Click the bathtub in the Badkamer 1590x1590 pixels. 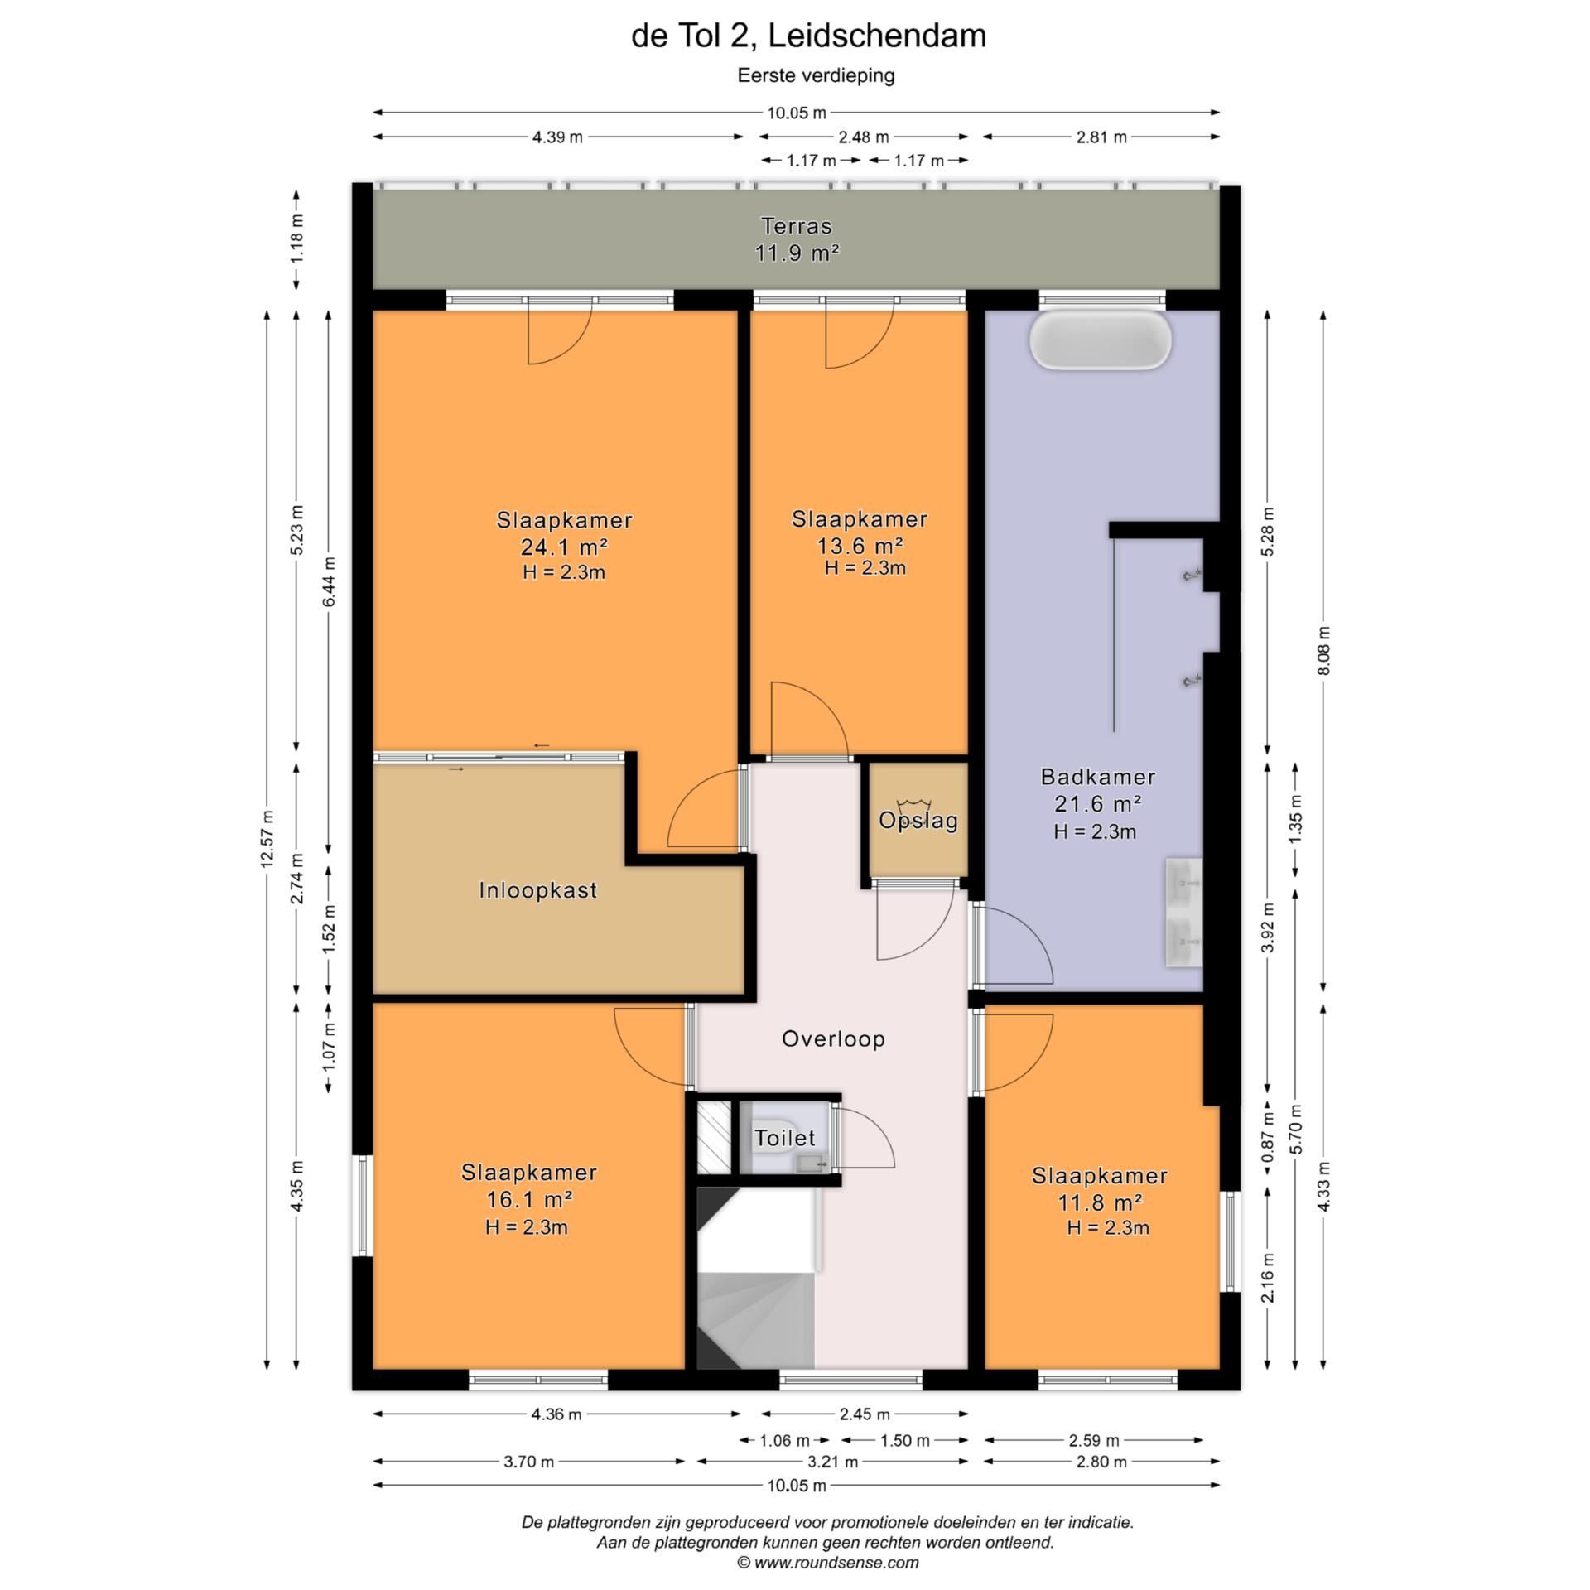tap(1101, 340)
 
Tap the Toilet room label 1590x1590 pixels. tap(784, 1138)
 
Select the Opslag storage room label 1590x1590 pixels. tap(918, 821)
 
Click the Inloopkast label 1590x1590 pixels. tap(538, 890)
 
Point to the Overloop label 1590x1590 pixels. tap(833, 1038)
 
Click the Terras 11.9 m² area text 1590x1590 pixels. tap(797, 253)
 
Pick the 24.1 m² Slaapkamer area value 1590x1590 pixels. tap(564, 547)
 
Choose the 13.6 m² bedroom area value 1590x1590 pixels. tap(859, 545)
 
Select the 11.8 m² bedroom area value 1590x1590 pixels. tap(1100, 1202)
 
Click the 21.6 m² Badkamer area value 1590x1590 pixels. tap(1098, 803)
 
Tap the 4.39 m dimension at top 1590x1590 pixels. tap(557, 137)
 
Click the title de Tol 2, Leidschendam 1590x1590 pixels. tap(808, 36)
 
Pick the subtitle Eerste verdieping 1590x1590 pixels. tap(817, 75)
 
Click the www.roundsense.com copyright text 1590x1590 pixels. tap(828, 1563)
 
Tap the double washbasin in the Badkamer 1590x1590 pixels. tap(1183, 913)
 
